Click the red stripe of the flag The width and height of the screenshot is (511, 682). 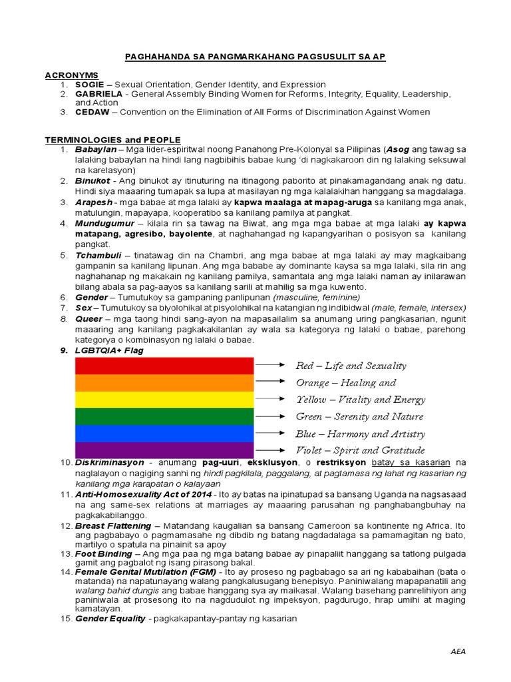[x=164, y=366]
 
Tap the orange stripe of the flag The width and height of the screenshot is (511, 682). [x=164, y=382]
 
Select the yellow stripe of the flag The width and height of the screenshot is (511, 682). [x=164, y=400]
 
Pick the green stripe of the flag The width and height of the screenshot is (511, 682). [x=164, y=416]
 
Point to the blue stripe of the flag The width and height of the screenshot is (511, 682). [x=164, y=433]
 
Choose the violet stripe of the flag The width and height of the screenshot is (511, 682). [x=164, y=450]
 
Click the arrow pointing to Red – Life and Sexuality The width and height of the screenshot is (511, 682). [x=273, y=366]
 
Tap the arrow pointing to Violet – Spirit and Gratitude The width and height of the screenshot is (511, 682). [x=273, y=451]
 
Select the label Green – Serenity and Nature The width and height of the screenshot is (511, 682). [x=359, y=416]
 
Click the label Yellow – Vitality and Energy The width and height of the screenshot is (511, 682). [x=360, y=400]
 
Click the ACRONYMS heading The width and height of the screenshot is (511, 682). [x=71, y=75]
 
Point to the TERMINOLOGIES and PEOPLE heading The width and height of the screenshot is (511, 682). [x=112, y=140]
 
